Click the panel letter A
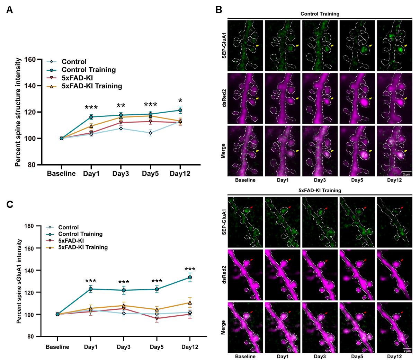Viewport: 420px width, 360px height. point(10,10)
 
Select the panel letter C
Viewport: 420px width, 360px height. point(10,204)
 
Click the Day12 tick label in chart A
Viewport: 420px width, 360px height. point(180,174)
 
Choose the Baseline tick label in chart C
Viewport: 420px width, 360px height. point(57,347)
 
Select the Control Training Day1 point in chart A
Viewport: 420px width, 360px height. point(91,117)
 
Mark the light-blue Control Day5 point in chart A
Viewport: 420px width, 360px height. point(150,133)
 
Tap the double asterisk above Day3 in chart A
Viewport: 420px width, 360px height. point(120,106)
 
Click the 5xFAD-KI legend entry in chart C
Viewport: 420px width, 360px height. point(71,240)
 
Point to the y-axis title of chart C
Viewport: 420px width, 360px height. point(19,281)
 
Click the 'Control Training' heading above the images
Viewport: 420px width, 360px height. point(320,14)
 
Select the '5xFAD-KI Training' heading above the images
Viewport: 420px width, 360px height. point(320,190)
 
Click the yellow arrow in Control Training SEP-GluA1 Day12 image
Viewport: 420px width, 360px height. point(405,45)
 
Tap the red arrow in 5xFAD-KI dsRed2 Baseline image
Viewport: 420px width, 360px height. point(251,260)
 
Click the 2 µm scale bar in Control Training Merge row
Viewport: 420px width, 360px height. point(407,172)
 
